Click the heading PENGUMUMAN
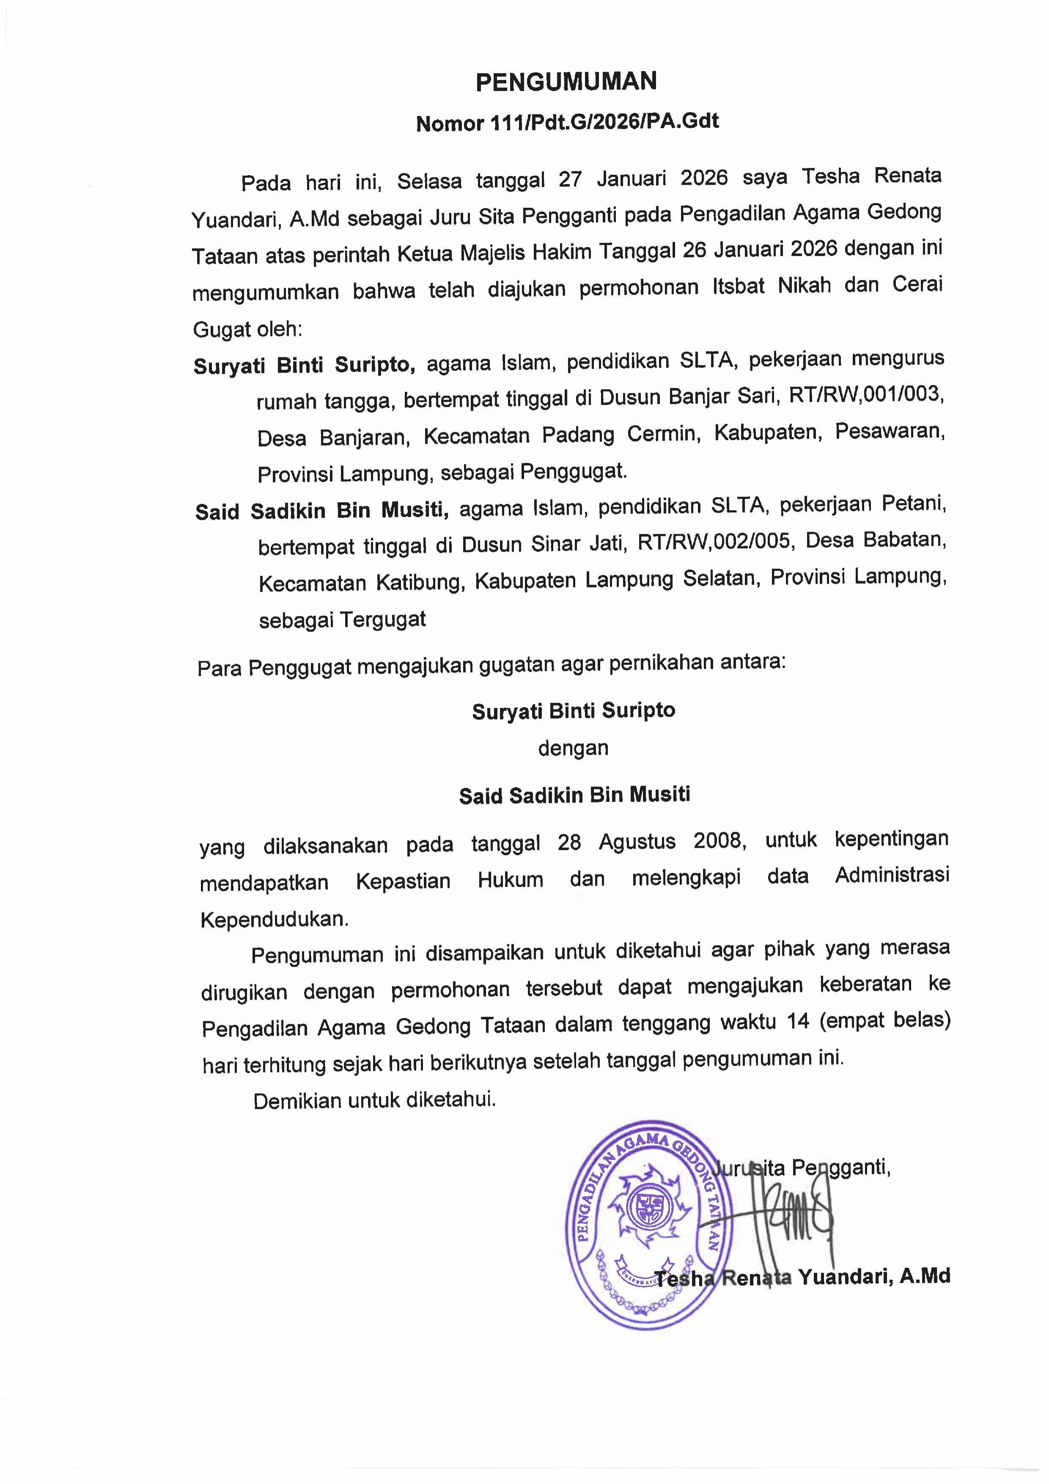pyautogui.click(x=566, y=82)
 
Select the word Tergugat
pyautogui.click(x=383, y=619)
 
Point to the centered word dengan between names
pyautogui.click(x=573, y=748)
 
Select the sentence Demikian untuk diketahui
pyautogui.click(x=374, y=1099)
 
